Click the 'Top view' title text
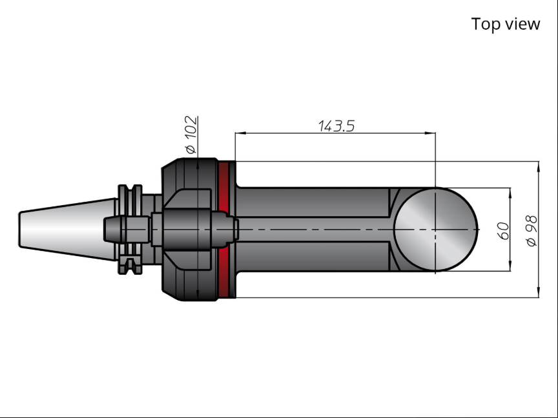pyautogui.click(x=505, y=24)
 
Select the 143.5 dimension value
pyautogui.click(x=336, y=126)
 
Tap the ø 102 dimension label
pyautogui.click(x=191, y=134)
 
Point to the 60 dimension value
pyautogui.click(x=502, y=231)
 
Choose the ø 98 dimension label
pyautogui.click(x=531, y=230)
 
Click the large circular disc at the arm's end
pyautogui.click(x=435, y=230)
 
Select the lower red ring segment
pyautogui.click(x=223, y=272)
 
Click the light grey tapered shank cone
pyautogui.click(x=68, y=229)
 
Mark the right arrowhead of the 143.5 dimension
pyautogui.click(x=430, y=134)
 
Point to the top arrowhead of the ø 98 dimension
pyautogui.click(x=539, y=166)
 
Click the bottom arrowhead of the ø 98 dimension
pyautogui.click(x=539, y=292)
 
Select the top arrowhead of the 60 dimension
pyautogui.click(x=511, y=194)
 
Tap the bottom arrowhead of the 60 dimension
pyautogui.click(x=511, y=266)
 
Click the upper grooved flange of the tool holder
pyautogui.click(x=130, y=200)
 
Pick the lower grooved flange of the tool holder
pyautogui.click(x=130, y=259)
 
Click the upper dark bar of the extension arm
pyautogui.click(x=313, y=202)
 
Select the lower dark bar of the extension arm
pyautogui.click(x=313, y=257)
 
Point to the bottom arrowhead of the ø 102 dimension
pyautogui.click(x=198, y=295)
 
